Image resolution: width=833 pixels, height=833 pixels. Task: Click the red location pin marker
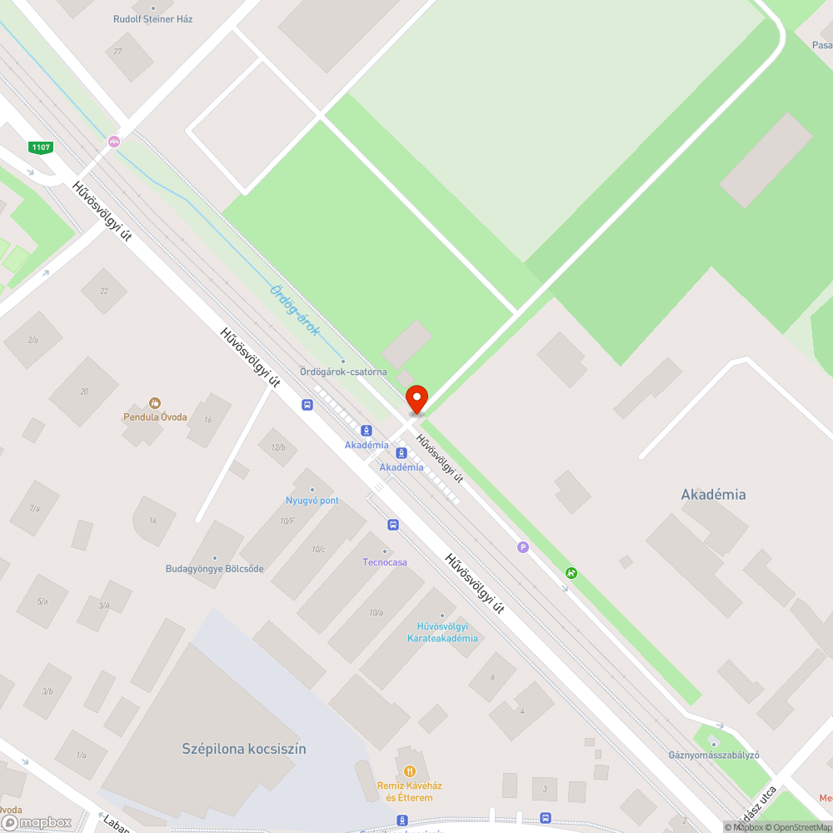pyautogui.click(x=416, y=399)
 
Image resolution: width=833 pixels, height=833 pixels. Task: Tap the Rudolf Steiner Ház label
pyautogui.click(x=153, y=18)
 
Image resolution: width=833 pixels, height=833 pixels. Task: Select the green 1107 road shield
pyautogui.click(x=40, y=147)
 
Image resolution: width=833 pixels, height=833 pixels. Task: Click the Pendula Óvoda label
pyautogui.click(x=155, y=416)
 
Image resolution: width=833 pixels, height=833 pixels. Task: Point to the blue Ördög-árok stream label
pyautogui.click(x=295, y=310)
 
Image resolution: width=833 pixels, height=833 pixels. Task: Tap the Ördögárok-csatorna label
pyautogui.click(x=342, y=372)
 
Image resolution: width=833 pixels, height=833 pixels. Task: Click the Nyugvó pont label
pyautogui.click(x=312, y=501)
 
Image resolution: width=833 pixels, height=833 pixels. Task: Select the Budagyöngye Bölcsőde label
pyautogui.click(x=215, y=569)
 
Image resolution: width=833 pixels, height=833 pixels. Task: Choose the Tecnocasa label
pyautogui.click(x=385, y=562)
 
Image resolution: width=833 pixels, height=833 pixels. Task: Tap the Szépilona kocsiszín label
pyautogui.click(x=244, y=749)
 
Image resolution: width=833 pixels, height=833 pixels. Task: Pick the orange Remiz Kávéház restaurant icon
pyautogui.click(x=408, y=771)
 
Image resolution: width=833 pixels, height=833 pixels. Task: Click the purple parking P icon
pyautogui.click(x=523, y=547)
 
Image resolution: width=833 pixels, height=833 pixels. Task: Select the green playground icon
pyautogui.click(x=571, y=573)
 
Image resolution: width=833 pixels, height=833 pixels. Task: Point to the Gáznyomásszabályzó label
pyautogui.click(x=714, y=756)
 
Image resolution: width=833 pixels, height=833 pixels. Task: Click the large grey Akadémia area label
pyautogui.click(x=713, y=495)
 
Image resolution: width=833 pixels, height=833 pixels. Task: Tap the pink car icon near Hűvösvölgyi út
pyautogui.click(x=114, y=142)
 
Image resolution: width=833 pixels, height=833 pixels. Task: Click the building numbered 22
pyautogui.click(x=104, y=292)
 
